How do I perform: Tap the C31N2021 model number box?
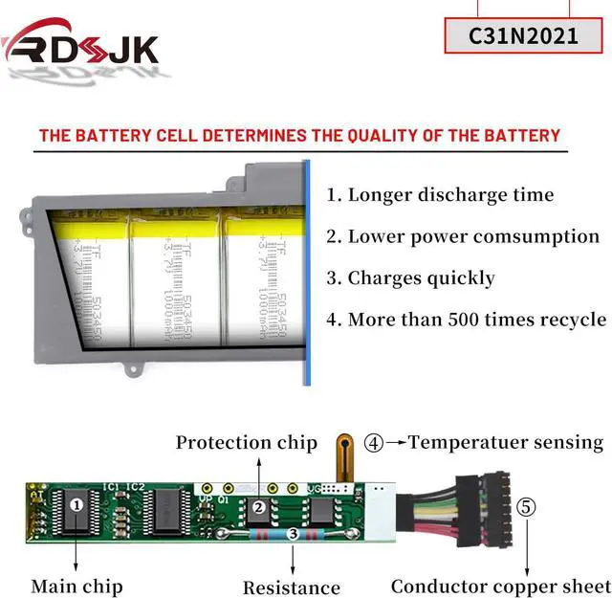pyautogui.click(x=523, y=36)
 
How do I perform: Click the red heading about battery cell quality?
pyautogui.click(x=299, y=135)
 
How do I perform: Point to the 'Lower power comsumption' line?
pyautogui.click(x=463, y=236)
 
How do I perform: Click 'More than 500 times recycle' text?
pyautogui.click(x=467, y=320)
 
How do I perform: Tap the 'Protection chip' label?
pyautogui.click(x=246, y=442)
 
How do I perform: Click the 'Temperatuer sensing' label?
pyautogui.click(x=506, y=442)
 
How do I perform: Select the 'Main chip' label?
pyautogui.click(x=76, y=586)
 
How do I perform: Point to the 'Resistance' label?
pyautogui.click(x=291, y=587)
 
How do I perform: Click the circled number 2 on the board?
pyautogui.click(x=258, y=508)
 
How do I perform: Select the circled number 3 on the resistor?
pyautogui.click(x=292, y=535)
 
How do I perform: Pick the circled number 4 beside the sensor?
pyautogui.click(x=374, y=443)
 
